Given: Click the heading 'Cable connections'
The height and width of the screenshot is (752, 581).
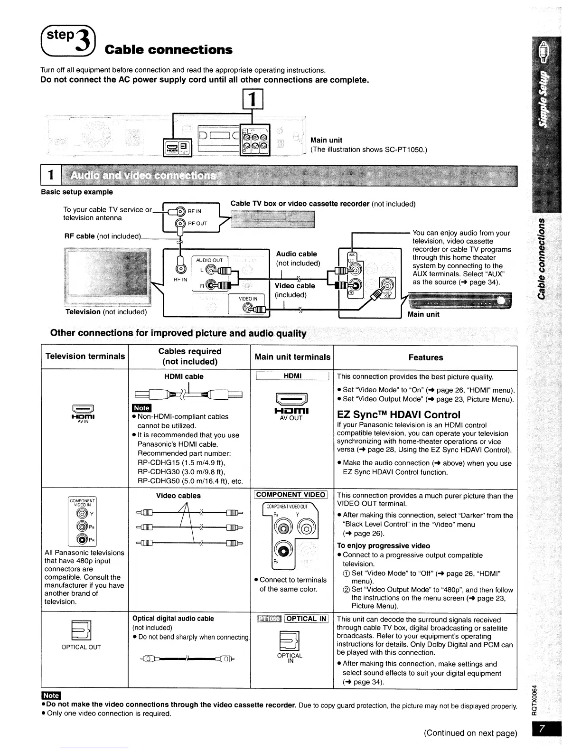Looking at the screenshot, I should (x=169, y=50).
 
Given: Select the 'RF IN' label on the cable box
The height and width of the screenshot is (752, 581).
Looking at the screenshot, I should (x=195, y=211).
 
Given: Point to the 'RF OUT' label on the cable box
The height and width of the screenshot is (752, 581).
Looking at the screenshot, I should (x=197, y=223).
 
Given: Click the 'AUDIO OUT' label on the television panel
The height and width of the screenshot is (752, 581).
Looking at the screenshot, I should (x=209, y=260).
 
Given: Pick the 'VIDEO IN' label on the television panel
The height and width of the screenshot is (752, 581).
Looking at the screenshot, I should (x=248, y=299).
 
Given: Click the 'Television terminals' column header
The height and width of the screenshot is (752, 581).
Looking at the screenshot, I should (x=85, y=356).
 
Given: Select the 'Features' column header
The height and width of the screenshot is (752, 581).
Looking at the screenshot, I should (x=426, y=357).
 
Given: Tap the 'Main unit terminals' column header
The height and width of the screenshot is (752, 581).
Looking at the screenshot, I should (x=292, y=357).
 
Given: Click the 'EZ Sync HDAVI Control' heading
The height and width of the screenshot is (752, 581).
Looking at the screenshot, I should (x=399, y=414).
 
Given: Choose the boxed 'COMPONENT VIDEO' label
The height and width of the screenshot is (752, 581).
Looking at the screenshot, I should (x=290, y=495).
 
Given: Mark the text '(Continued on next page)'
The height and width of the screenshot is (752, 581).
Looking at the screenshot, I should (x=470, y=733).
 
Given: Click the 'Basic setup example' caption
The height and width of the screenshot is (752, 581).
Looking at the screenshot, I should (x=77, y=192).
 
